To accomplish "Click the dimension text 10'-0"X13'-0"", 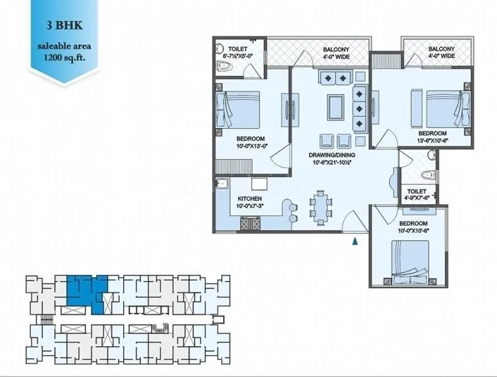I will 251,146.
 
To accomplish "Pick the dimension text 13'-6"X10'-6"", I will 433,141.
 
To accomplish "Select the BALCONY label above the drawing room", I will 336,53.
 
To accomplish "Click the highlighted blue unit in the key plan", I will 85,290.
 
